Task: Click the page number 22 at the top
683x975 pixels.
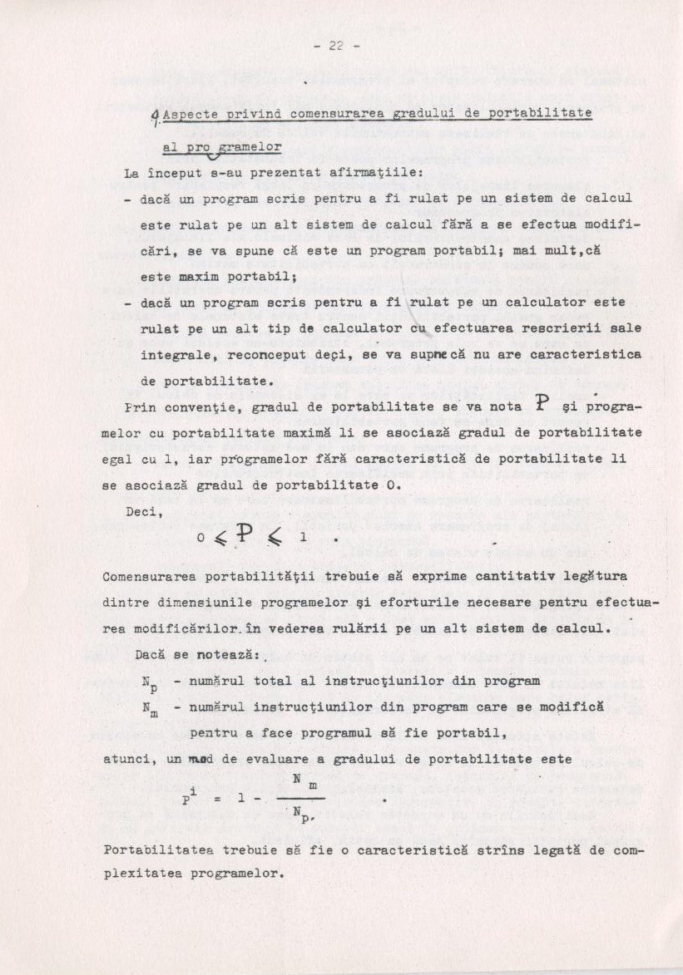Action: pos(336,47)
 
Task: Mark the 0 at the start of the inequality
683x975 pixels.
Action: pos(200,538)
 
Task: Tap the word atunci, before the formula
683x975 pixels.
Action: pos(128,759)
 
